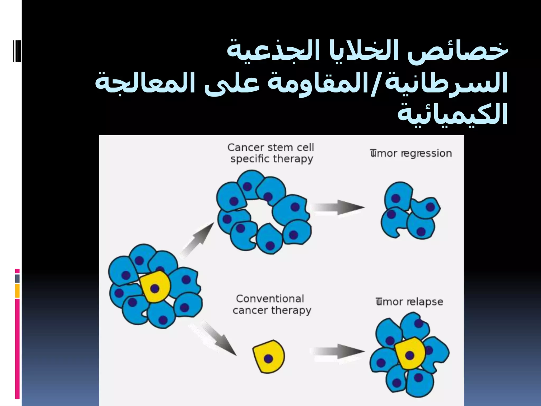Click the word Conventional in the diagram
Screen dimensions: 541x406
[x=270, y=299]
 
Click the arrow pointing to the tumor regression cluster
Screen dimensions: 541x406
[x=338, y=207]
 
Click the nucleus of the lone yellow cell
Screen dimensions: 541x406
[x=268, y=359]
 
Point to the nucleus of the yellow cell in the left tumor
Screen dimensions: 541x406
[x=155, y=288]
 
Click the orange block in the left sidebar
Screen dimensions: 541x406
[x=17, y=291]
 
